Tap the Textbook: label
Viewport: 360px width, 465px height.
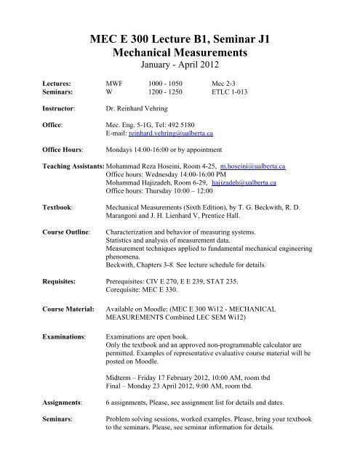[x=40, y=228]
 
